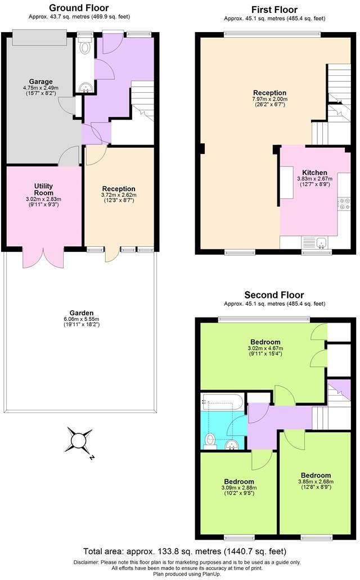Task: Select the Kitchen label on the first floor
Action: click(x=314, y=173)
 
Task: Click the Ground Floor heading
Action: click(x=79, y=8)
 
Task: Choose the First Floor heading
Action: click(x=274, y=10)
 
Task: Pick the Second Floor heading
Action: click(x=274, y=295)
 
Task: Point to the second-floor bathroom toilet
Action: click(x=210, y=440)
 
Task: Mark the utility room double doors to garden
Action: click(x=40, y=257)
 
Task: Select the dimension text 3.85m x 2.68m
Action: click(x=316, y=482)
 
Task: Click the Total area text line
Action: click(x=184, y=551)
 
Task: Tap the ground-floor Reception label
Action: click(x=119, y=189)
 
